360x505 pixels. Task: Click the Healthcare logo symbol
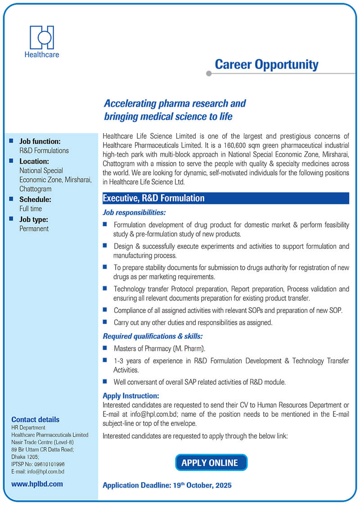(42, 37)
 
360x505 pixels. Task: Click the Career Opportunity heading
(266, 64)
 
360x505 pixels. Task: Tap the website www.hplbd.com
(37, 484)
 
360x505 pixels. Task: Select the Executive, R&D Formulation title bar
(225, 198)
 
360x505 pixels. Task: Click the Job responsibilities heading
(134, 212)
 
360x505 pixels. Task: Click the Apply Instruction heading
(131, 396)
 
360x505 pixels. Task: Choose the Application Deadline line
(167, 485)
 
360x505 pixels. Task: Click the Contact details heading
(35, 420)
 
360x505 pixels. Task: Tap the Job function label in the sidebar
(40, 141)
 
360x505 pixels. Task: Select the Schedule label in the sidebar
(35, 199)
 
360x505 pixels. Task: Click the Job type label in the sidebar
(34, 219)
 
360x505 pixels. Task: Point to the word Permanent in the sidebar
(34, 228)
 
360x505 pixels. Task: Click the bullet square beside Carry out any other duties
(105, 322)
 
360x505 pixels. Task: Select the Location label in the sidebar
(34, 161)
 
